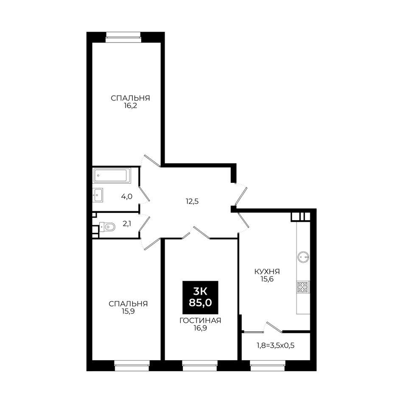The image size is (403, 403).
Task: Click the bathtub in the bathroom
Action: coord(112,176)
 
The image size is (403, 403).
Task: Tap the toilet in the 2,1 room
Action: coord(107,227)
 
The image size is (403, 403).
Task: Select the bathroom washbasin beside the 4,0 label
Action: coord(98,195)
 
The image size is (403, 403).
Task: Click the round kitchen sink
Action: coord(303,257)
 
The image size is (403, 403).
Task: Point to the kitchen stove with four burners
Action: coord(303,287)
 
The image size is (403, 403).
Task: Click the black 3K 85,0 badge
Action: coord(200,297)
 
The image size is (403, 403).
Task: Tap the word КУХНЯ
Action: coord(267,271)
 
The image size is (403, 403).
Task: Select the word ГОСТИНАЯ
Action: coord(200,321)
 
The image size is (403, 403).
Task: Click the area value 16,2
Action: coord(130,106)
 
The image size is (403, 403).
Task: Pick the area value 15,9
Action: coord(128,311)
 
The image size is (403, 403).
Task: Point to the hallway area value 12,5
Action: coord(192,201)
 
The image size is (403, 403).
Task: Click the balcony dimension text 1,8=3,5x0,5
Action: coord(275,345)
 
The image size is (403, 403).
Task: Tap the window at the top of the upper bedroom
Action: coord(123,37)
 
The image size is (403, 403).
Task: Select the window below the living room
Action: coord(200,366)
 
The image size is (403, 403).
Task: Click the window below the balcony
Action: coord(268,366)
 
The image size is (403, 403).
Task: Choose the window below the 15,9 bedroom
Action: coord(132,366)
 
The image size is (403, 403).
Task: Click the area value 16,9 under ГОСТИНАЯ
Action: coord(200,328)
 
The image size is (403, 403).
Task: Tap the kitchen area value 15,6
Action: coord(267,279)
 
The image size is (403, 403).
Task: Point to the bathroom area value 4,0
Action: coord(127,196)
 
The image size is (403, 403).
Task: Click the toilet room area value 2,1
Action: coord(127,224)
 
